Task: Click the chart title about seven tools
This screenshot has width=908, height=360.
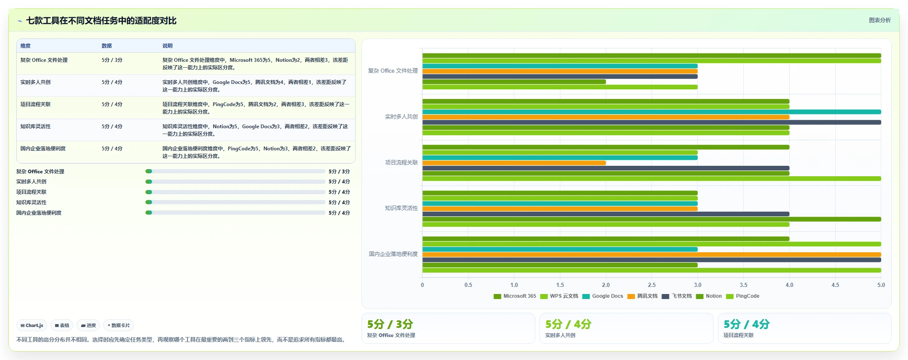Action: (101, 20)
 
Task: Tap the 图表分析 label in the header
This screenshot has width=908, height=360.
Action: (880, 20)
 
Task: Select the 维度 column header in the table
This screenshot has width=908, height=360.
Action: (25, 46)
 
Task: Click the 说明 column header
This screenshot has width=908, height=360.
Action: (168, 46)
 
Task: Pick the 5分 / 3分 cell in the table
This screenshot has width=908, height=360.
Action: (112, 60)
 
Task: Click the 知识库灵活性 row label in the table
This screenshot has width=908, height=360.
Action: (36, 127)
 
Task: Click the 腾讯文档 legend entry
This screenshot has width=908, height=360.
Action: (642, 296)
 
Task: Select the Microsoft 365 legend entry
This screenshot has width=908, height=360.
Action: (515, 296)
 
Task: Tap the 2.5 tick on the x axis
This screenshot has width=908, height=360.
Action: (652, 285)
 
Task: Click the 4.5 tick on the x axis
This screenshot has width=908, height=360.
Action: (835, 285)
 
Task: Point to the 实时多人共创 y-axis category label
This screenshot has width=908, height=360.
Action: (401, 117)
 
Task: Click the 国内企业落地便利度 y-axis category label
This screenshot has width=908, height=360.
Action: (393, 254)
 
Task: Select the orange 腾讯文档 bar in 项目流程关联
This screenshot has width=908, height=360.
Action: (514, 163)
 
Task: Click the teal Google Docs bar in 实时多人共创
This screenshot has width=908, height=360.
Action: (652, 112)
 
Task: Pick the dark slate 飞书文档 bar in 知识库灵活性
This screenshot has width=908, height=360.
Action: (606, 214)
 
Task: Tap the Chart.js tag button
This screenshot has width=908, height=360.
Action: (32, 325)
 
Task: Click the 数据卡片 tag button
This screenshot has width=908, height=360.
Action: (119, 325)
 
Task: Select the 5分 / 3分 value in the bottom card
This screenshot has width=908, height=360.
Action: (390, 324)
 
